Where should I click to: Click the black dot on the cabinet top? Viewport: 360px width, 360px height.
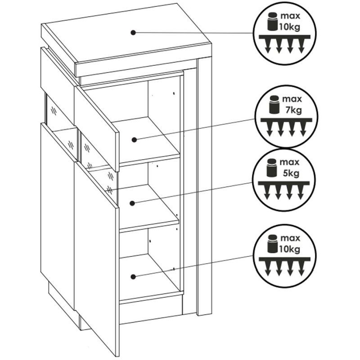click(133, 32)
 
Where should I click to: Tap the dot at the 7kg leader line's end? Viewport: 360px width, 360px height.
click(134, 139)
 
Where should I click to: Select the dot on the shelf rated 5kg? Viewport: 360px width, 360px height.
click(132, 203)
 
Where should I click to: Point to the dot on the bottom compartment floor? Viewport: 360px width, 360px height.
click(133, 277)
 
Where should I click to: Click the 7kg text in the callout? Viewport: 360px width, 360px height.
click(294, 110)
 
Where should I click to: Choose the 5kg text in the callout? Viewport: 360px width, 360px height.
click(291, 173)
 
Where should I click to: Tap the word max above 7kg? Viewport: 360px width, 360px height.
click(292, 99)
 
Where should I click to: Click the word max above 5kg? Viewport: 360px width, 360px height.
click(289, 162)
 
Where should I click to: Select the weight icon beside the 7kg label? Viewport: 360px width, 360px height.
click(274, 104)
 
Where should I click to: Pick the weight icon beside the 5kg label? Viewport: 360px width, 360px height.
click(272, 167)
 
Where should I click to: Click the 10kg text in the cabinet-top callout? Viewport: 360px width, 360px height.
click(289, 27)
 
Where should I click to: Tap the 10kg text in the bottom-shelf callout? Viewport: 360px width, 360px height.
click(289, 249)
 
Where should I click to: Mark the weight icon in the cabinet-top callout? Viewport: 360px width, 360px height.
click(273, 21)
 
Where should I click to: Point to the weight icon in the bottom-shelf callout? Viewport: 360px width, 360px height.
click(273, 243)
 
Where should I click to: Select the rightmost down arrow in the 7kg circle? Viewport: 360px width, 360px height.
click(303, 129)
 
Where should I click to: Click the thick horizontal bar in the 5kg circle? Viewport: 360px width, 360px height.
click(284, 183)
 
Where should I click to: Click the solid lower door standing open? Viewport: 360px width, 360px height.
click(97, 258)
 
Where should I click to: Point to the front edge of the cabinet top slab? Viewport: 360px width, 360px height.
click(143, 61)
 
